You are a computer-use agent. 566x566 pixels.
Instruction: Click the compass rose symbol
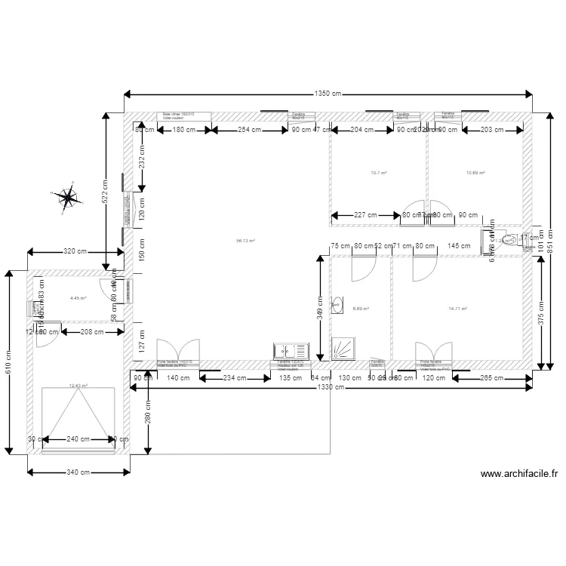pos(69,198)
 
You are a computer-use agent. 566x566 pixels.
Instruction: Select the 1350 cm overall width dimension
pos(328,94)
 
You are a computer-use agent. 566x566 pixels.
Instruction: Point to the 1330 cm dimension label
pos(328,387)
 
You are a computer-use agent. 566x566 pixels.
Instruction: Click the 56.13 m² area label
pos(245,241)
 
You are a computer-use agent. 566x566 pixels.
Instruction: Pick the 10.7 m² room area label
pos(379,173)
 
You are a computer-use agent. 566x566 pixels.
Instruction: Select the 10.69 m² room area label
pos(475,173)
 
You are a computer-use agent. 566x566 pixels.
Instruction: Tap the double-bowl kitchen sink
pos(291,351)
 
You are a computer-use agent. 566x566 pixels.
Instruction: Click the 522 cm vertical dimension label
pos(105,193)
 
